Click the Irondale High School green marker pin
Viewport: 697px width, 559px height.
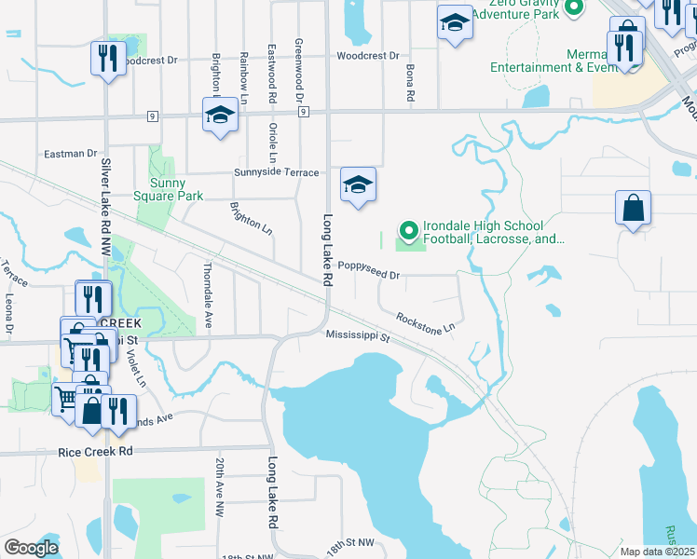[x=407, y=229]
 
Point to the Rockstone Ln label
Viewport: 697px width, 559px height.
[x=425, y=322]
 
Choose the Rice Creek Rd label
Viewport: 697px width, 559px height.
[x=96, y=451]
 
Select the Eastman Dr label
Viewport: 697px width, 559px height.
[x=71, y=153]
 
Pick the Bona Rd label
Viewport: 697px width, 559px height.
[x=409, y=83]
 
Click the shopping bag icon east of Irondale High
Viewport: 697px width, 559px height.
[x=633, y=209]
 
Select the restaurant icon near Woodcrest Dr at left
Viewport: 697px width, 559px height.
[x=109, y=59]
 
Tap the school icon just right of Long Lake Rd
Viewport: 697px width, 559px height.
[x=358, y=185]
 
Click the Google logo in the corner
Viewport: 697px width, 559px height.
[x=31, y=548]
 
